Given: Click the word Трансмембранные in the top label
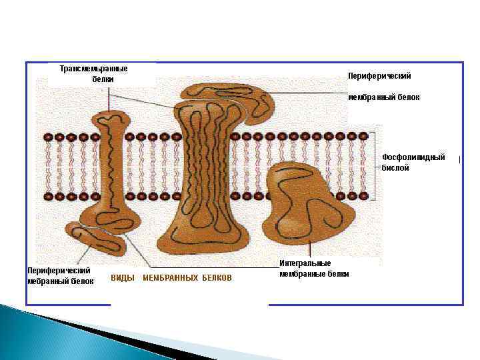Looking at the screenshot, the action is tap(93, 69).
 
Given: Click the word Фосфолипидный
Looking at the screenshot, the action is tap(413, 157).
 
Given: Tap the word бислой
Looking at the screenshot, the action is tap(395, 168).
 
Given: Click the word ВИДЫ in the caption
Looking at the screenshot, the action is tap(122, 278).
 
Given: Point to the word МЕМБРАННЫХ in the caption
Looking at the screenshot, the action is tap(171, 278).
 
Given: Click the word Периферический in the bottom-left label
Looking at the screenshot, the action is tap(59, 271).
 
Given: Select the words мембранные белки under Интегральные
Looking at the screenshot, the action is tap(314, 273).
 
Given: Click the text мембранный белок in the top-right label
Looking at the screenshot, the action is tap(384, 97).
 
